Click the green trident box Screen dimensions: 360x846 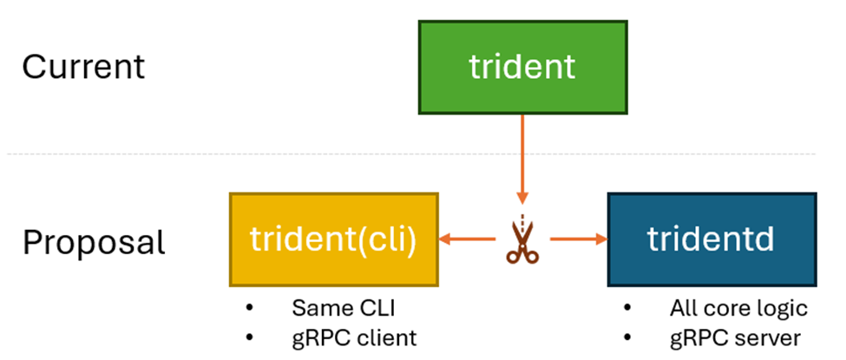(x=522, y=67)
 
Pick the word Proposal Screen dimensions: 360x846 (x=93, y=242)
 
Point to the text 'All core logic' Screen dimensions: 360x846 (x=738, y=308)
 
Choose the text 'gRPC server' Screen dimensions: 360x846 (x=734, y=337)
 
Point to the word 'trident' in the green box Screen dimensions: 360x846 (x=522, y=67)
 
